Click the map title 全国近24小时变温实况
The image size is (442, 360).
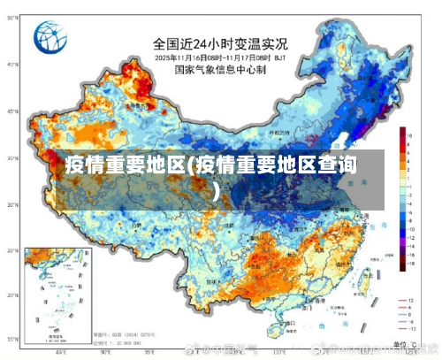[221, 42]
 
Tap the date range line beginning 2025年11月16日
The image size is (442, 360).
[221, 57]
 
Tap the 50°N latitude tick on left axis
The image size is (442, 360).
[12, 65]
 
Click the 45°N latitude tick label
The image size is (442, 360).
[12, 111]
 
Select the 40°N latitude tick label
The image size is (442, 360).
[12, 158]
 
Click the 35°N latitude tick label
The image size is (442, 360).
[12, 204]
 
